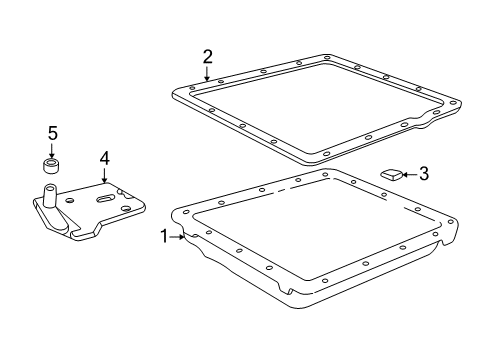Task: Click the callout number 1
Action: coord(164,236)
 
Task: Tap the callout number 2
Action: coord(208,57)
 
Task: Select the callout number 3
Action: coord(424,174)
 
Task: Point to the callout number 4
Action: coord(104,159)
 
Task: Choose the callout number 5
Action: coord(53,133)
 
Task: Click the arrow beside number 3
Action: coord(410,174)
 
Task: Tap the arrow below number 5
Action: coord(51,151)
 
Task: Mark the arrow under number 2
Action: coord(207,74)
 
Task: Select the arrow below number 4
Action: coord(105,176)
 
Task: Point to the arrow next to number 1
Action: coord(177,237)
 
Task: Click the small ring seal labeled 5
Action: coord(52,166)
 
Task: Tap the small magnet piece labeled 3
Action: coord(392,175)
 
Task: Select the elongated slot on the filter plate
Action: coord(106,199)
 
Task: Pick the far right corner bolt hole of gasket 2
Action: coord(452,103)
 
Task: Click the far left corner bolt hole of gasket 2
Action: coord(192,88)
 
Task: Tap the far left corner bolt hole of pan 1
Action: coord(186,211)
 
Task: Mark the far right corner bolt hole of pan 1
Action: coord(451,221)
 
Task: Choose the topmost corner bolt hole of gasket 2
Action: coord(327,57)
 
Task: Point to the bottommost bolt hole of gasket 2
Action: coord(326,154)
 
